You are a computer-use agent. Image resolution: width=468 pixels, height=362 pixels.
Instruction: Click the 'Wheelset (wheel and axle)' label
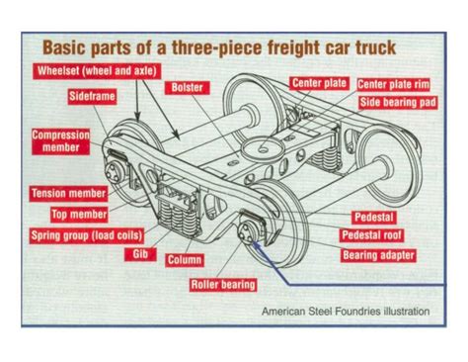coord(91,72)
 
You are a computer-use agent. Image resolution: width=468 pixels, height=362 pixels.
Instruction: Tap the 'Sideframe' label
coord(94,97)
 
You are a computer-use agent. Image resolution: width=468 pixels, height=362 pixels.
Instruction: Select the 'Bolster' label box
coord(187,88)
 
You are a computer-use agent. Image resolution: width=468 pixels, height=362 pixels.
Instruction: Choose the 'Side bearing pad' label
coord(397,102)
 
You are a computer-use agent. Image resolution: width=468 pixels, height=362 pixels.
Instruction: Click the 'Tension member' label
coord(68,193)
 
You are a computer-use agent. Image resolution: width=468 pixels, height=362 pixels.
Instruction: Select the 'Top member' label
coord(79,214)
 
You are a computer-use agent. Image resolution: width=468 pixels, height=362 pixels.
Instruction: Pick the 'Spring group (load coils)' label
coord(87,235)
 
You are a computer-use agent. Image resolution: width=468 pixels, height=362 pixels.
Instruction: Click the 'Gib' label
coord(138,254)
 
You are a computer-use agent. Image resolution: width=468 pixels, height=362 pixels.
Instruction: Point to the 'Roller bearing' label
coord(223,285)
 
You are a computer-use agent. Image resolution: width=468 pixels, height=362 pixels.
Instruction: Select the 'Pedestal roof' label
coord(378,235)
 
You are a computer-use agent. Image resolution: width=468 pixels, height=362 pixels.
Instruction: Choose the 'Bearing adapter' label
coord(378,255)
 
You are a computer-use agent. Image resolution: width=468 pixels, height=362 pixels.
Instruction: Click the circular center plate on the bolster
coord(264,149)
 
